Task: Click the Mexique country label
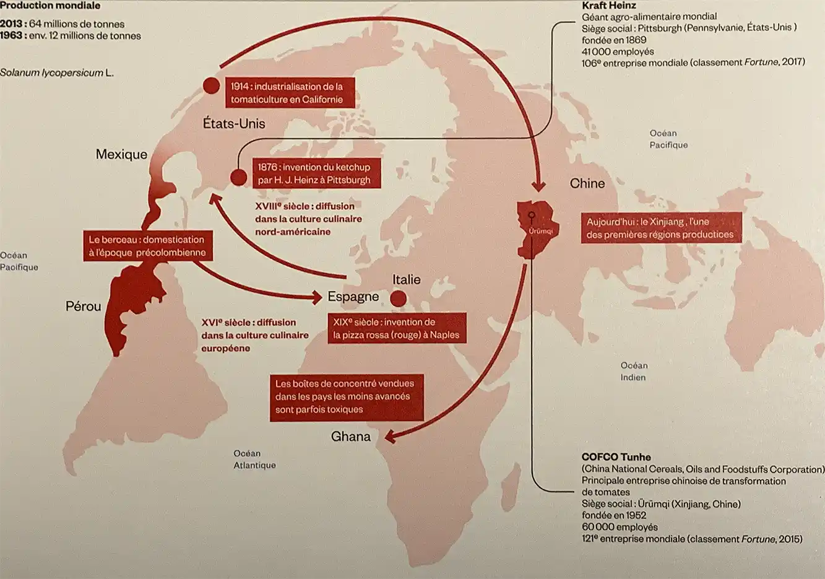[121, 154]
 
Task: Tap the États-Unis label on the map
[234, 123]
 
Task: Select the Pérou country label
[83, 306]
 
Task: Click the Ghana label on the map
[350, 437]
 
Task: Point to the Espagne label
[353, 297]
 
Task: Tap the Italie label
[406, 280]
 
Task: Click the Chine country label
[587, 183]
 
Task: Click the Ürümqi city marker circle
[531, 215]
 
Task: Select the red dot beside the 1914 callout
[212, 85]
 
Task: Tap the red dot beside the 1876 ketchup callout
[238, 178]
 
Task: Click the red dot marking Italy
[399, 299]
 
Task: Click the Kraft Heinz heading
[608, 6]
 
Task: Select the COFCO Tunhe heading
[616, 457]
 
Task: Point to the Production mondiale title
[50, 6]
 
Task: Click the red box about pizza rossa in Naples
[397, 328]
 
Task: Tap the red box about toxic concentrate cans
[347, 396]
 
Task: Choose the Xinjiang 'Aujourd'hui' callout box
[660, 228]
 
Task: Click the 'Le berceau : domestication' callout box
[147, 246]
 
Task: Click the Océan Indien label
[633, 372]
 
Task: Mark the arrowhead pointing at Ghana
[390, 437]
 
